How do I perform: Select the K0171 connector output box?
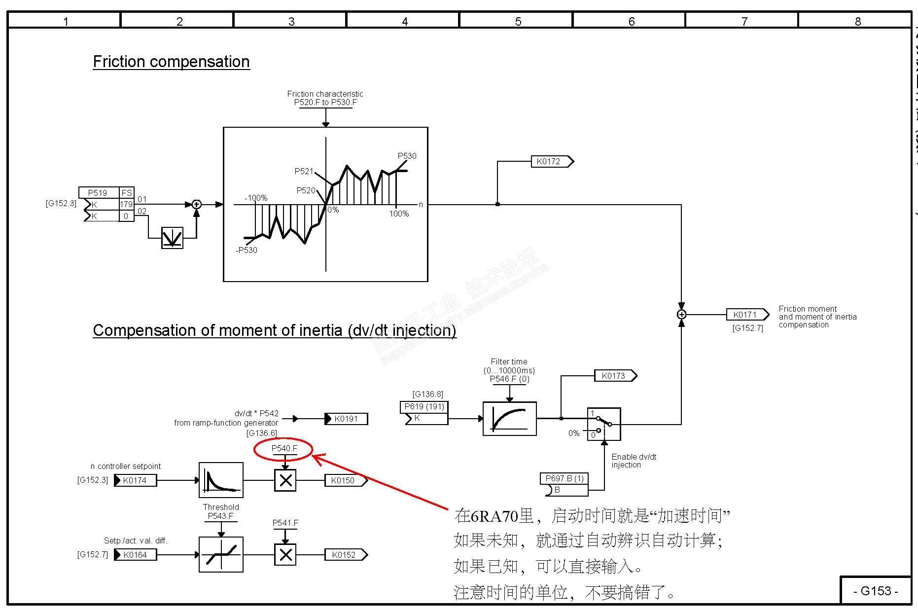point(747,315)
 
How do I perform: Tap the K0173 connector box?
point(615,376)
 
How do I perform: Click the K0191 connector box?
point(346,419)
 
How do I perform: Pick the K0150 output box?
point(345,480)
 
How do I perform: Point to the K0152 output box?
point(345,555)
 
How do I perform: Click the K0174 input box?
point(135,480)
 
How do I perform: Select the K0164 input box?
point(135,555)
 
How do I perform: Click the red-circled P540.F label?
point(284,449)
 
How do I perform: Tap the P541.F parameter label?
point(285,523)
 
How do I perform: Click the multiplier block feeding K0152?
point(285,555)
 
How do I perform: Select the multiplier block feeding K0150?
point(285,480)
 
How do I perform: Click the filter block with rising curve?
point(509,419)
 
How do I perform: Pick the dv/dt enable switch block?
point(603,424)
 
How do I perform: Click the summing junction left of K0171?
point(681,315)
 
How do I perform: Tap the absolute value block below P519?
point(172,238)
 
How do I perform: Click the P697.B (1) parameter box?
point(565,479)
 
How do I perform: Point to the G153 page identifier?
point(875,591)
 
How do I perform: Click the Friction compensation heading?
point(171,62)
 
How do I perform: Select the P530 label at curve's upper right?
point(407,156)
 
